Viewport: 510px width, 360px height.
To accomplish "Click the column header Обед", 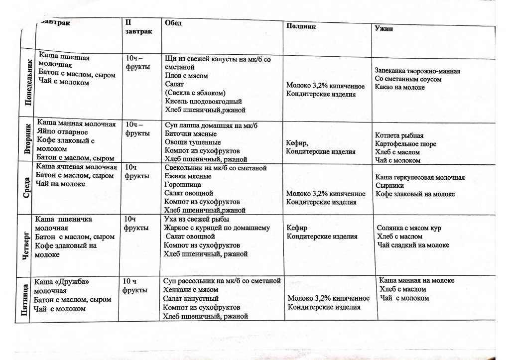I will click(173, 23).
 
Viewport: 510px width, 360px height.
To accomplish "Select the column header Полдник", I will click(301, 26).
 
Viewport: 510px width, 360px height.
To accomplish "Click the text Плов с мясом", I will click(186, 76).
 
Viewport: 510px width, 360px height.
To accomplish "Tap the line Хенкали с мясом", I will click(191, 289).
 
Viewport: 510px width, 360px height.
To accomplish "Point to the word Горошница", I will click(181, 184).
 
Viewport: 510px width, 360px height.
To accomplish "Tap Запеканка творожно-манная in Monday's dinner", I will click(417, 71).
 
